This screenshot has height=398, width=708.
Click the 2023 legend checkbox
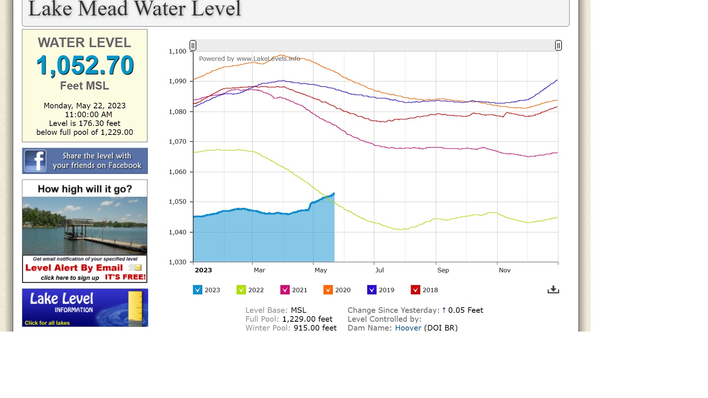coord(198,290)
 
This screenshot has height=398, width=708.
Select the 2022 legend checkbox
coord(241,290)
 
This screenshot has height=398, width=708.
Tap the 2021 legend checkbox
coord(285,290)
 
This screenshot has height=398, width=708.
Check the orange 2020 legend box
coord(328,290)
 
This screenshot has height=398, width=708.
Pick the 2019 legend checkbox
coord(372,290)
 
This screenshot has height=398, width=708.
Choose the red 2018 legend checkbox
coord(415,290)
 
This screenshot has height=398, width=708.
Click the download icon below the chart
coord(553,290)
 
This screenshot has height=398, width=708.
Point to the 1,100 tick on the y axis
coord(177,51)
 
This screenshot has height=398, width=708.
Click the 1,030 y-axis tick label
coord(177,262)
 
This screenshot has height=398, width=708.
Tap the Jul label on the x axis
coord(379,270)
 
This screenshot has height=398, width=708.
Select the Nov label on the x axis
coord(504,270)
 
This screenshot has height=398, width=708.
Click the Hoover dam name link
coord(408,328)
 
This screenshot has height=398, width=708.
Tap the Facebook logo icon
coord(35,161)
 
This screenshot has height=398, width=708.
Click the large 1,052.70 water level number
coord(85,66)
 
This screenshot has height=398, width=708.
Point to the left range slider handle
coord(193,45)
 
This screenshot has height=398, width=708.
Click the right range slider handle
coord(558,45)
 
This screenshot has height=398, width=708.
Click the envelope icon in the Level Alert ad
coord(137,268)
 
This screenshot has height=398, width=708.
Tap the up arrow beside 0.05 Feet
coord(444,310)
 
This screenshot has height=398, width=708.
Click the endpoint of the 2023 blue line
coord(334,194)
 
